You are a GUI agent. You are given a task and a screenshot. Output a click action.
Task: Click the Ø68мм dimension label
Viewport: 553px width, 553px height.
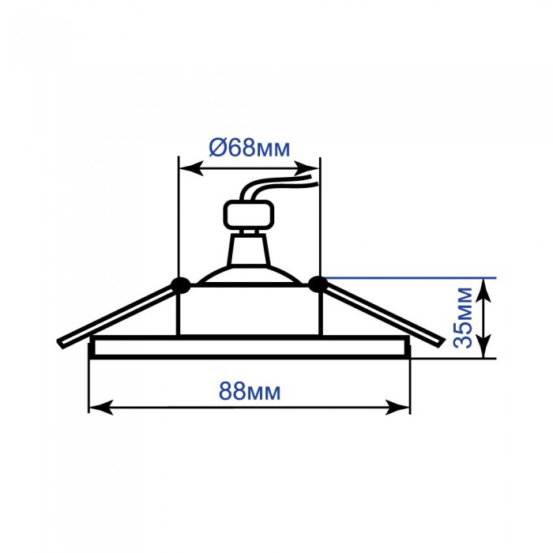coord(250,148)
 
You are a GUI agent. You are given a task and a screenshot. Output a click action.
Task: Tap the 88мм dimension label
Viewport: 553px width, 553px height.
coord(250,391)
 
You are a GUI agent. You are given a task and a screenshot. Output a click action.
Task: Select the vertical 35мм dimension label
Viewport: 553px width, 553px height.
coord(463,318)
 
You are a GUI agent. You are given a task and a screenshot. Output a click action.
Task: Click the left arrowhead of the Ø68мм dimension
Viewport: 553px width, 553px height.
coord(191,168)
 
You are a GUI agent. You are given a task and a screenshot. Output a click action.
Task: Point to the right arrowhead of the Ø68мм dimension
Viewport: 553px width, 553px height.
coord(307,168)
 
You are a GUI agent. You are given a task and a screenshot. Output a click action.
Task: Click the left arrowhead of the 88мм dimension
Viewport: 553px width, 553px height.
coord(102,407)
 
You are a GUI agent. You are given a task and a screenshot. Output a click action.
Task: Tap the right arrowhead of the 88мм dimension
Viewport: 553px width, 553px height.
coord(397,407)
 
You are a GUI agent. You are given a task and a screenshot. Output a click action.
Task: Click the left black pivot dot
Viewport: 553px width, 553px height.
coord(180,285)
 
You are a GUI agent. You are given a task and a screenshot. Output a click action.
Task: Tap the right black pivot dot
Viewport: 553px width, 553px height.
coord(318,284)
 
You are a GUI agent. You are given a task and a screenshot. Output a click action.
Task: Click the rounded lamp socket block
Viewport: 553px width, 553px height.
coord(249,215)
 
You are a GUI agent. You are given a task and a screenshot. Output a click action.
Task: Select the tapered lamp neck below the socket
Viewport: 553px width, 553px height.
coord(249,250)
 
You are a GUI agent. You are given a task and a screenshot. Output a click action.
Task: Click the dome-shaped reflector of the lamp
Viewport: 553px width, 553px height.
coord(250,275)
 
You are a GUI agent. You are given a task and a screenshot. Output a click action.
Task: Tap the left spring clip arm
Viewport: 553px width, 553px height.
coord(115,316)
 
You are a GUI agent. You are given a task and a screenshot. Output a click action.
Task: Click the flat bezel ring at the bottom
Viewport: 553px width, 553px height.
coord(250,348)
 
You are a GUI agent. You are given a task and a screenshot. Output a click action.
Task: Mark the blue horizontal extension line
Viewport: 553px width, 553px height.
coord(410,278)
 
